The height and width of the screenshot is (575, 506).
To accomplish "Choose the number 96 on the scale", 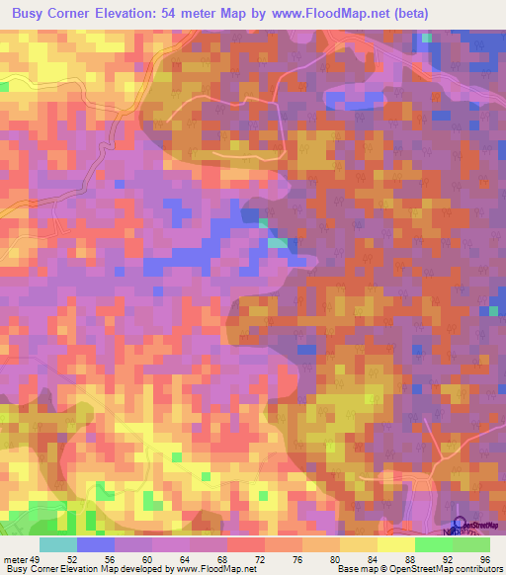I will pos(483,558).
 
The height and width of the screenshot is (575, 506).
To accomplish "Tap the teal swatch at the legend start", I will pos(58,544).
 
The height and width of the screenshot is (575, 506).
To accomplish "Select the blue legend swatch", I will pos(96,544).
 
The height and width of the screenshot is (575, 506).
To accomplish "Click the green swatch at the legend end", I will pos(470,544).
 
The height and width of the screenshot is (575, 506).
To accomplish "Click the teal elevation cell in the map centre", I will pos(278,242).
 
